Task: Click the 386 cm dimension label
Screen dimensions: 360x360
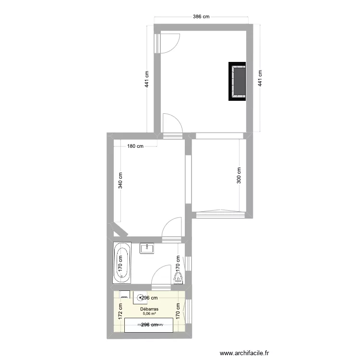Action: coord(201,16)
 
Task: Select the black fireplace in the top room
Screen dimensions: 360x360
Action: coord(238,81)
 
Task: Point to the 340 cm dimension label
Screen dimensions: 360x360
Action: coord(120,180)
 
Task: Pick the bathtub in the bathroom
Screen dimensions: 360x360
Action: coord(122,263)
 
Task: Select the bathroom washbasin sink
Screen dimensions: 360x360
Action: coord(146,248)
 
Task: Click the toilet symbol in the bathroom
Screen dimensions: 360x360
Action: coord(179,278)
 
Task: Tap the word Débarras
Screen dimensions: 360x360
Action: coord(149,309)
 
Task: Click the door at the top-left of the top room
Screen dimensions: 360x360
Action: coord(169,44)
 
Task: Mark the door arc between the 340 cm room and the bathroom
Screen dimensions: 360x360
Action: coord(172,228)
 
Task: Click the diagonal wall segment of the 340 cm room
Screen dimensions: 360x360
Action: coord(120,229)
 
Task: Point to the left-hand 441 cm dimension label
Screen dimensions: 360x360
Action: coord(146,79)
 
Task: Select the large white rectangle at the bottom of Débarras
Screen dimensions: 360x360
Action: coord(149,324)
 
